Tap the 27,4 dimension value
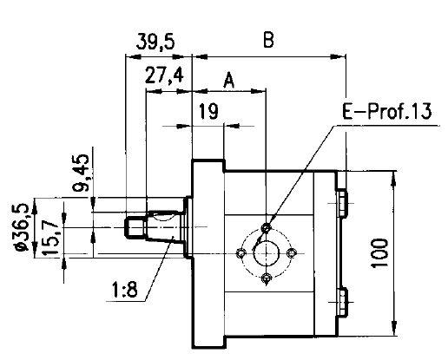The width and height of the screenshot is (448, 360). tap(163, 75)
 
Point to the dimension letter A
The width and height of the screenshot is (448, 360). tap(229, 80)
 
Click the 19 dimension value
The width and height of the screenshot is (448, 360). tap(208, 110)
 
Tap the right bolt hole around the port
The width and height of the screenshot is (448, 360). tap(293, 252)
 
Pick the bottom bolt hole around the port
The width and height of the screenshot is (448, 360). tap(267, 278)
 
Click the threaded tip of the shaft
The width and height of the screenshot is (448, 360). tap(134, 228)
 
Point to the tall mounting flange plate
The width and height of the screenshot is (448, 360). tap(207, 252)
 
